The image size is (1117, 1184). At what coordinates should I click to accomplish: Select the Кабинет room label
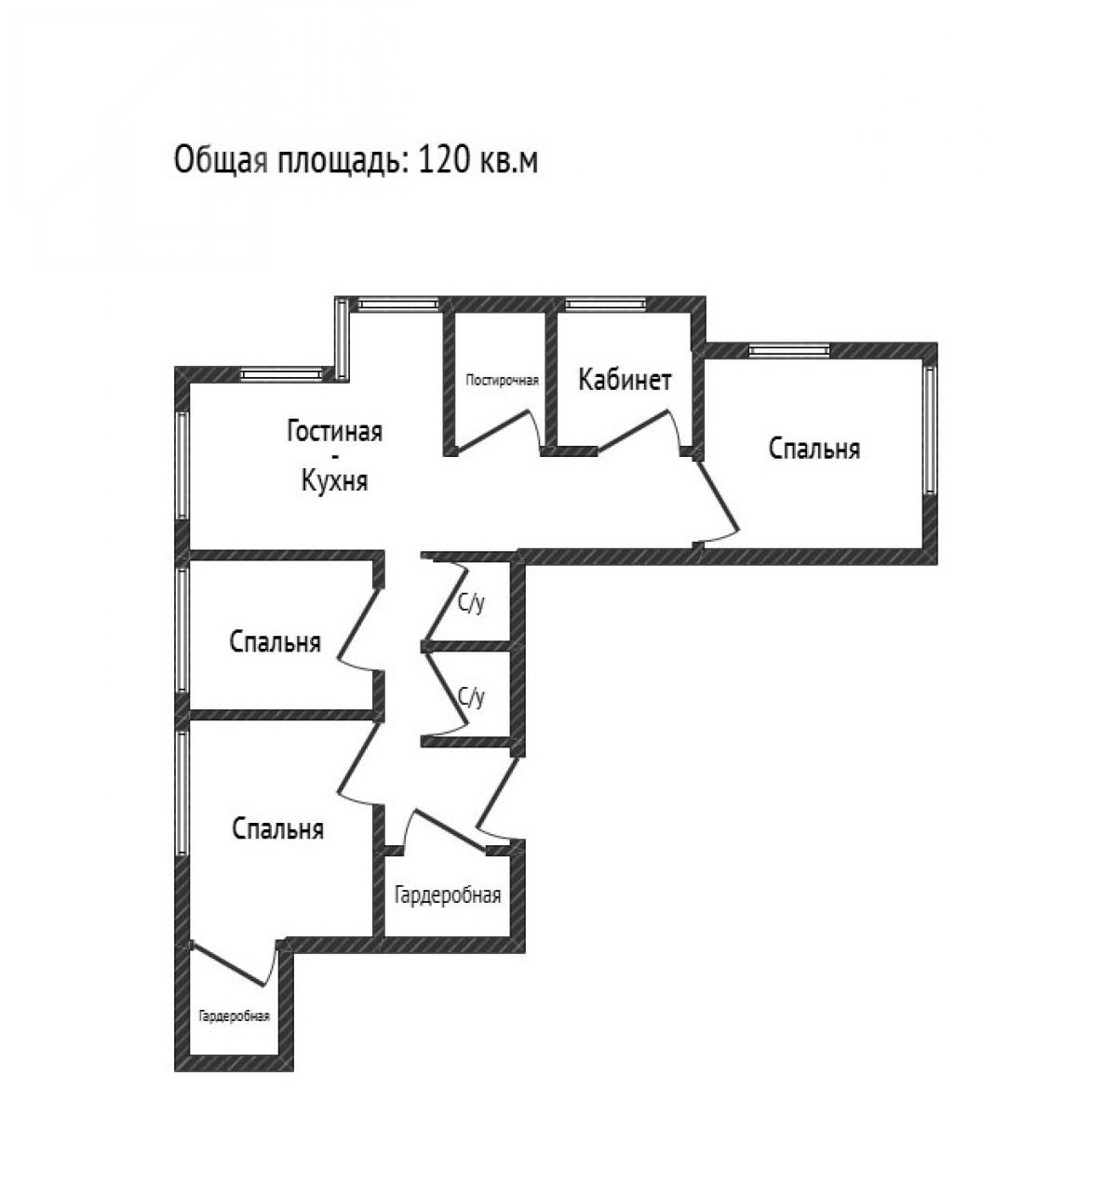click(625, 380)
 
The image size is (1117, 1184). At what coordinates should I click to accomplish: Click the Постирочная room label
click(502, 381)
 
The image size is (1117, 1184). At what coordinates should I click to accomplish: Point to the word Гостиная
click(334, 431)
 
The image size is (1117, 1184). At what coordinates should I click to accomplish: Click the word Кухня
click(334, 480)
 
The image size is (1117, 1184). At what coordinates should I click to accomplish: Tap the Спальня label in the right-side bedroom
click(814, 450)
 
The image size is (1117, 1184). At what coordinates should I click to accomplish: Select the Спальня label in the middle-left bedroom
click(275, 642)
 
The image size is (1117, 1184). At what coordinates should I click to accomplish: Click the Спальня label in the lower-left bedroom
click(278, 829)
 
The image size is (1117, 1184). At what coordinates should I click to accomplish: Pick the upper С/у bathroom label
click(471, 603)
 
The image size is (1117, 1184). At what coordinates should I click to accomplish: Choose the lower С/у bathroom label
click(471, 696)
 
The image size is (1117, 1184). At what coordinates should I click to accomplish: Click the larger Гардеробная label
click(448, 895)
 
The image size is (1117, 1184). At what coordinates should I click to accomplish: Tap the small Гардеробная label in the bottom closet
click(235, 1016)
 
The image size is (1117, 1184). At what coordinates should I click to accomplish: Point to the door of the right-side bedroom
click(718, 496)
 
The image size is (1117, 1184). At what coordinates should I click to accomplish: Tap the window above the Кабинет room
click(605, 304)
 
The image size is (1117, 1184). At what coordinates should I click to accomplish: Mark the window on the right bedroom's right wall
click(930, 430)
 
